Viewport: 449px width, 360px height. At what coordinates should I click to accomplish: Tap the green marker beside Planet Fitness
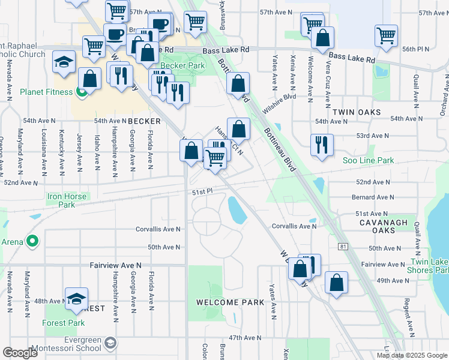[82, 92]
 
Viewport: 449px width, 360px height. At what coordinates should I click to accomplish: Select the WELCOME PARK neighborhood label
[230, 302]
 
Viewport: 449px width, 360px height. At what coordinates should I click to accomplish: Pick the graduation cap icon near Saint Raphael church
[64, 62]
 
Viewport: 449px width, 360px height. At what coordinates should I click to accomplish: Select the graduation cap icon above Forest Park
[77, 299]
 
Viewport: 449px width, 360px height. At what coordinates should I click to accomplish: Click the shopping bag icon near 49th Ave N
[337, 283]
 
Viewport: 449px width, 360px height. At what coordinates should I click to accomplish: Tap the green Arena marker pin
[33, 242]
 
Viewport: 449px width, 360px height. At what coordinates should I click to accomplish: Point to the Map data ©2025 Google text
[411, 355]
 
